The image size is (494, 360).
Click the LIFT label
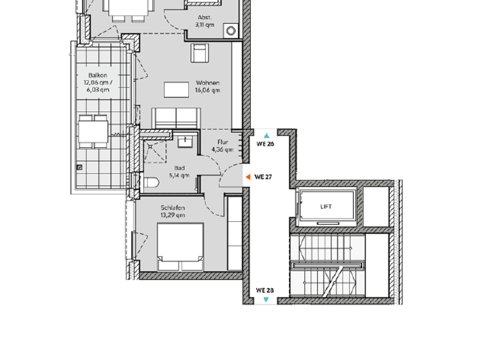(327, 207)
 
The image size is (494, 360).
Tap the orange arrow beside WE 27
(248, 176)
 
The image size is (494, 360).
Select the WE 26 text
(266, 145)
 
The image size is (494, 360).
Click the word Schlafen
(173, 208)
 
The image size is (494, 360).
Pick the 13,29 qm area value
(173, 215)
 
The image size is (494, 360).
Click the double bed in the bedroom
(181, 247)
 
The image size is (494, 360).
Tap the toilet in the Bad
(151, 183)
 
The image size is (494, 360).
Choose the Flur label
(223, 142)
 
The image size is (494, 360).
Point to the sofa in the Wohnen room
(176, 118)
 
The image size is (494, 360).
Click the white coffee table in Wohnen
(176, 89)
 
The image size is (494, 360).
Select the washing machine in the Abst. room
(230, 30)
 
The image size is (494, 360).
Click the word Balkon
(93, 75)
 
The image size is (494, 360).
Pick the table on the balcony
(94, 130)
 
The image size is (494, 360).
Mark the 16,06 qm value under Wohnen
(208, 91)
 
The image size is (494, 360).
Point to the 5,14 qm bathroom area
(179, 175)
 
